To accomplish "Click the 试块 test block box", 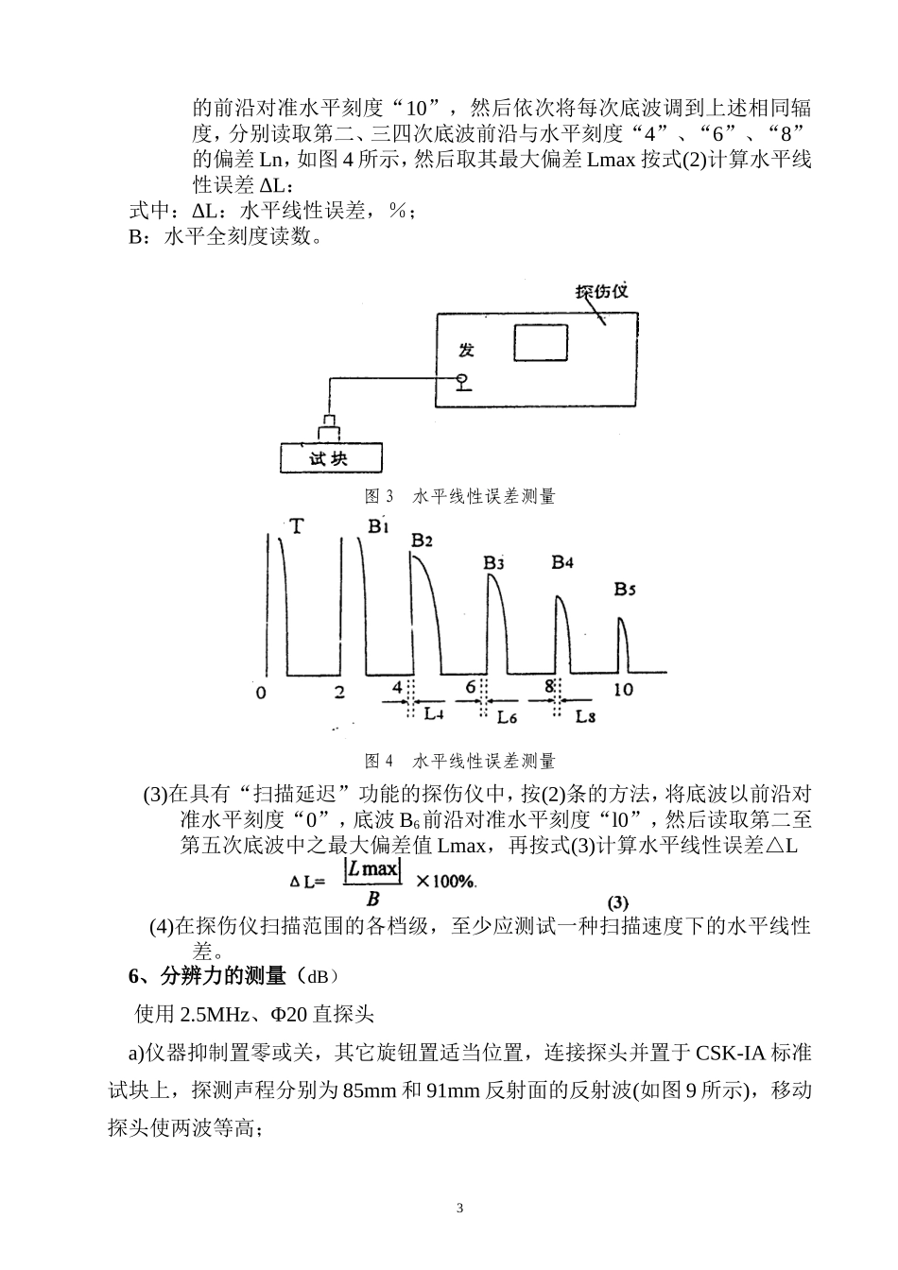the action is coord(331,458).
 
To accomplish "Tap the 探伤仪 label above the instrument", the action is coord(601,291).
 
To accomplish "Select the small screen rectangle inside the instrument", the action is coord(541,342).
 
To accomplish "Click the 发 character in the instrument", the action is coord(466,351).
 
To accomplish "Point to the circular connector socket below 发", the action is coord(463,378).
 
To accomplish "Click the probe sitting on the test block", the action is coord(329,428).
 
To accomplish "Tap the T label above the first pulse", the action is coord(297,526).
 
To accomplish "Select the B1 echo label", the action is coord(378,526).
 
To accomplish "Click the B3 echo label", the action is coord(493,563).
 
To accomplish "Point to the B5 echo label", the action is coord(625,590).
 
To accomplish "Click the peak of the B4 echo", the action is coord(558,596).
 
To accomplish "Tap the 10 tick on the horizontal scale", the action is coord(624,690).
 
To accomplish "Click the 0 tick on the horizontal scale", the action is coord(260,693).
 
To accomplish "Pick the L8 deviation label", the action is coord(585,716).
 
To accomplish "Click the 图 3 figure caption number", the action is coord(379,496).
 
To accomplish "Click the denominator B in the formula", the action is coord(372,899).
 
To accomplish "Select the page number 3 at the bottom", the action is coord(459,1208).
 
